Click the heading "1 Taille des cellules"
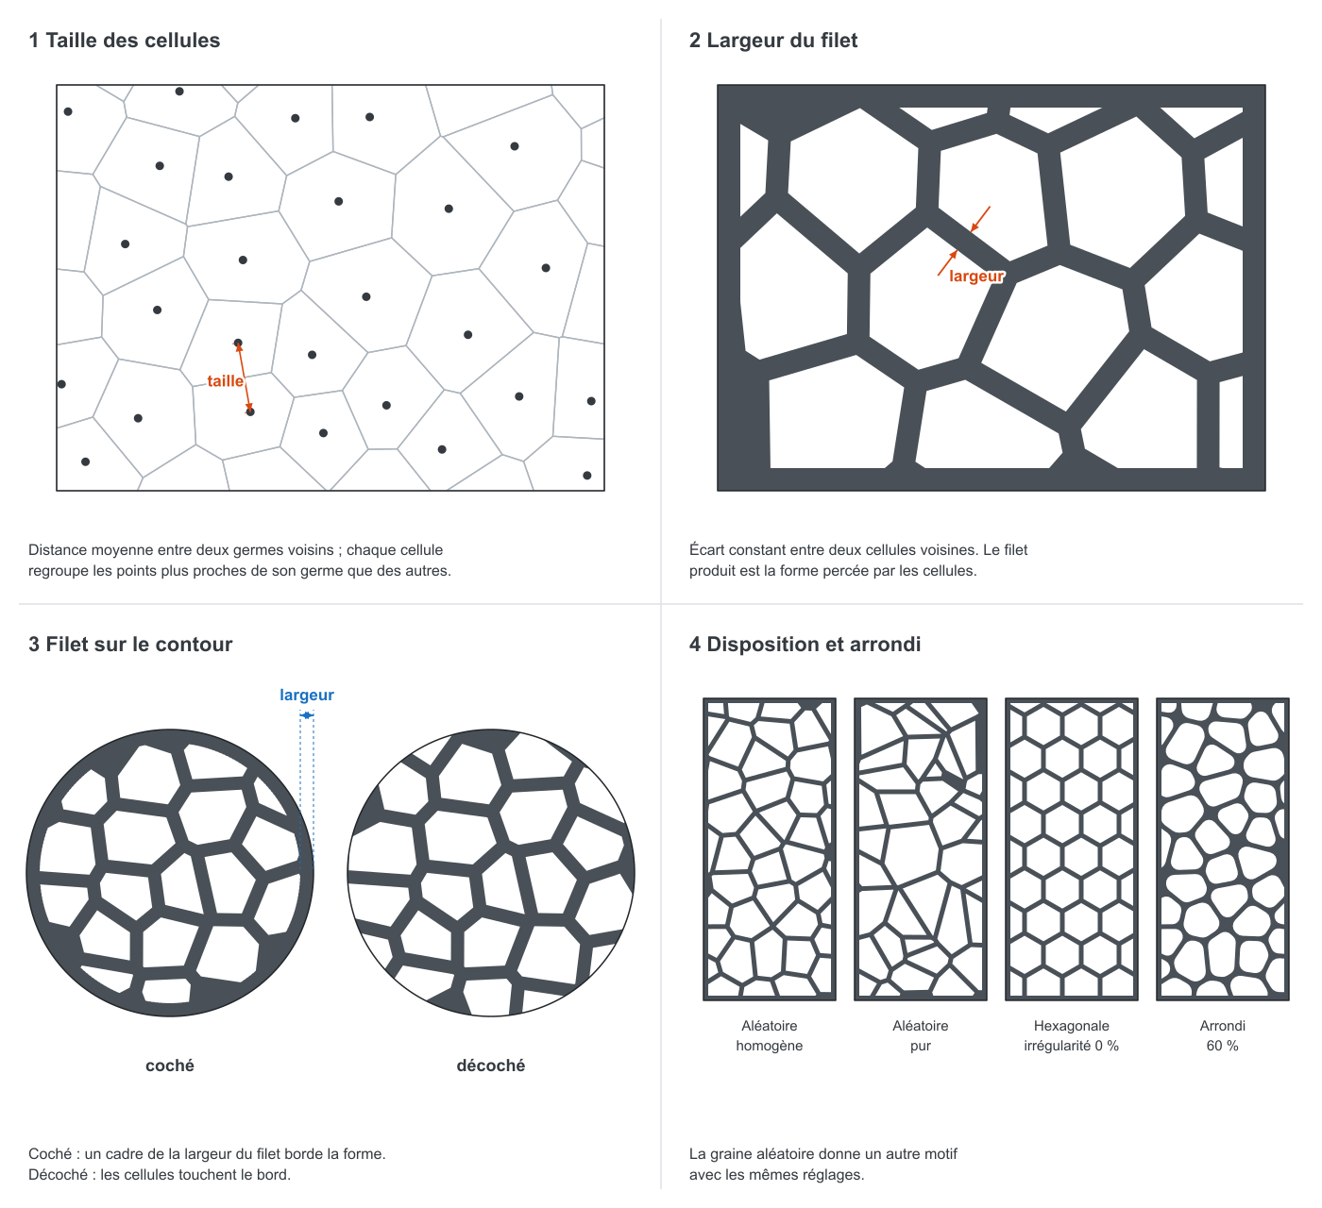(124, 41)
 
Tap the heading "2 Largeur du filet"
(773, 41)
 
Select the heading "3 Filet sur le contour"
(130, 645)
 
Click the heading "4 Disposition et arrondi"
(805, 645)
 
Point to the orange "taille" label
(226, 380)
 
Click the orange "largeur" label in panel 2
(976, 276)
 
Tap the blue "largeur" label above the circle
(307, 695)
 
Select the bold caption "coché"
(170, 1065)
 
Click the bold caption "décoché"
(491, 1065)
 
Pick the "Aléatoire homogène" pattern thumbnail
(769, 849)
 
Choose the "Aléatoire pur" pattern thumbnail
(920, 849)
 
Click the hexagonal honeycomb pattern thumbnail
(1071, 849)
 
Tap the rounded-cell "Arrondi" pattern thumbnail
(1223, 849)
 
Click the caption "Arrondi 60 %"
(1223, 1035)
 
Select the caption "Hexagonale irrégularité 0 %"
(1071, 1035)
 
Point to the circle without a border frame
(491, 873)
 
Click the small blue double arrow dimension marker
(307, 714)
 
